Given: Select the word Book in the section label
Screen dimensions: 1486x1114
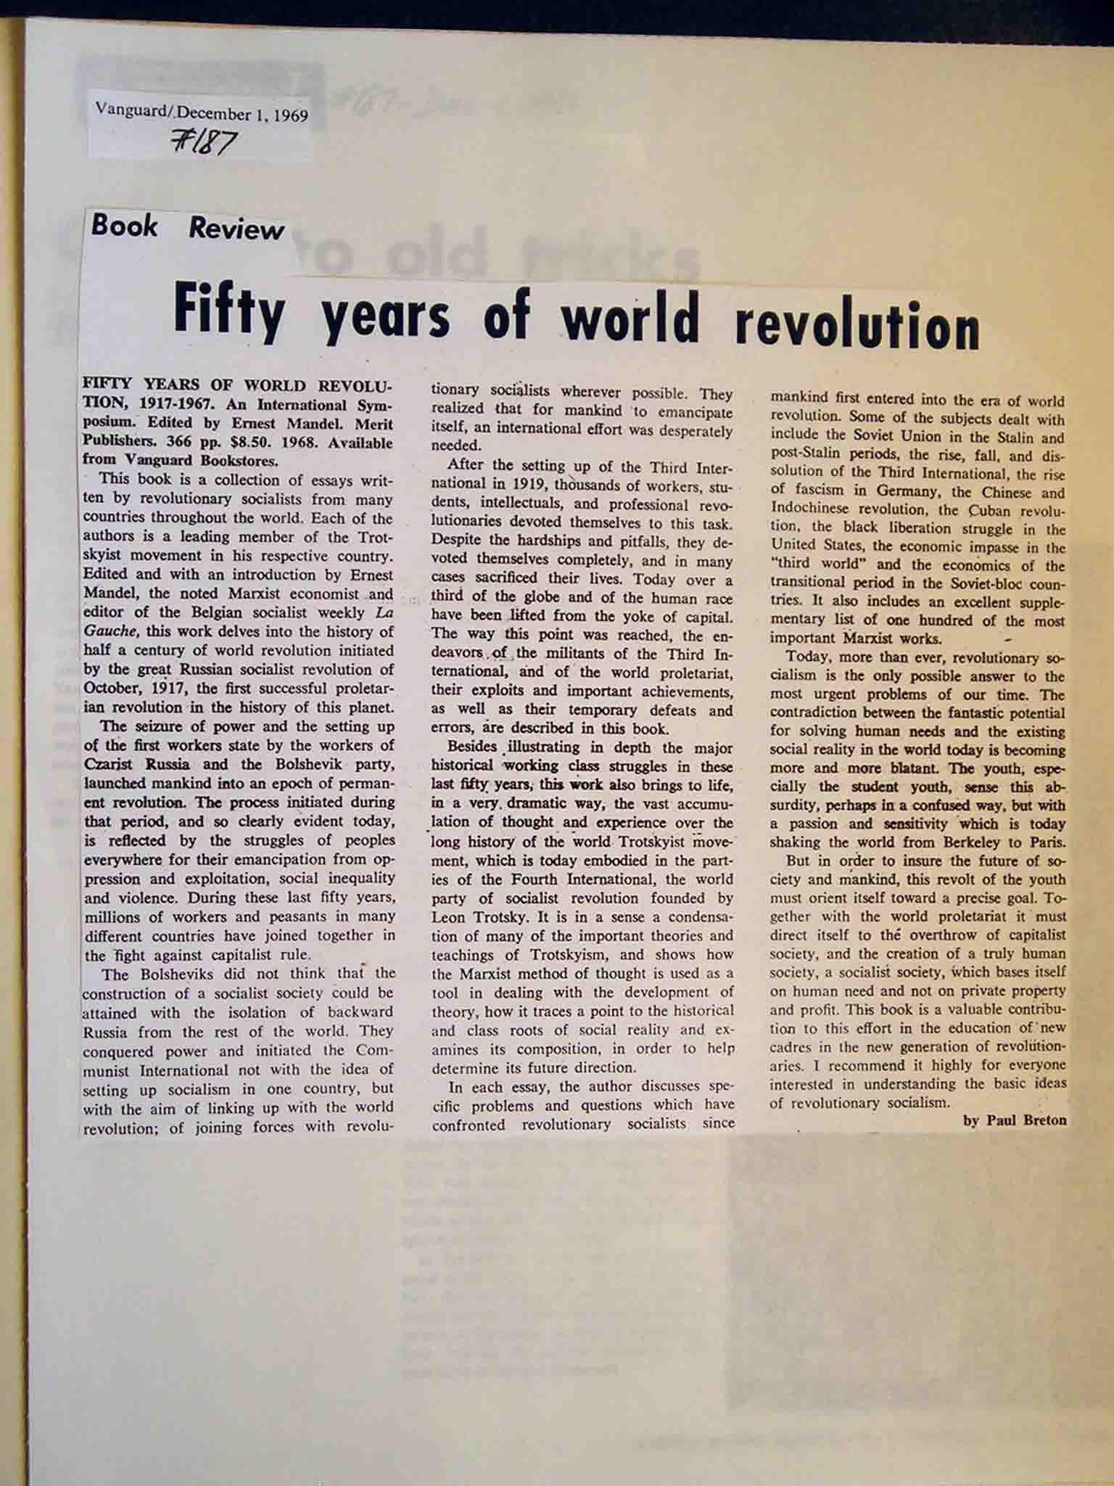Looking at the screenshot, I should [x=124, y=226].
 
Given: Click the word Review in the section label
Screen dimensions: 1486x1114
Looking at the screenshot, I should [x=236, y=229].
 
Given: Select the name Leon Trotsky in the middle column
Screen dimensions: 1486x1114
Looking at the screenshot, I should [x=474, y=917].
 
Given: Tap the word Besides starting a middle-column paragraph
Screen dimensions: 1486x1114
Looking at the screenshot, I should [x=472, y=747].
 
